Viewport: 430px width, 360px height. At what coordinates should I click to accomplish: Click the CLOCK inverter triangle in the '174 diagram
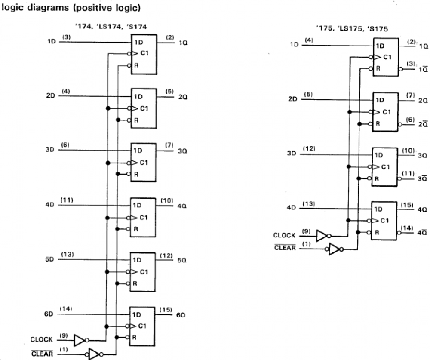point(80,340)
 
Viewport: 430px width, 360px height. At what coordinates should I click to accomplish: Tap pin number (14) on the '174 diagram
point(67,308)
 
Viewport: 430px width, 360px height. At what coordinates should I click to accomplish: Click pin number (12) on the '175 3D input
point(309,149)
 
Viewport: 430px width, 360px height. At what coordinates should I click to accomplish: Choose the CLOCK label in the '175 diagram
point(284,236)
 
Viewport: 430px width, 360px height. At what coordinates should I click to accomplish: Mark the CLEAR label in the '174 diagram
point(42,354)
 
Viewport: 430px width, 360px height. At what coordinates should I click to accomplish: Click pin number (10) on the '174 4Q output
point(166,200)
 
